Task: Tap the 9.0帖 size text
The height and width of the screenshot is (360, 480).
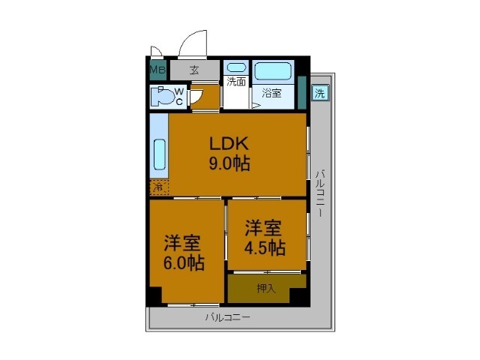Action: point(229,162)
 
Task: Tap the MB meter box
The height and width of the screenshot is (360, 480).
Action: point(157,70)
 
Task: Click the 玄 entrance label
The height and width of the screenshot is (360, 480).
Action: point(194,70)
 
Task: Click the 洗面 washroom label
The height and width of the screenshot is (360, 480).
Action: point(236,82)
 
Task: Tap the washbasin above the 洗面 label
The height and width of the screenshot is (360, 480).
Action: point(236,68)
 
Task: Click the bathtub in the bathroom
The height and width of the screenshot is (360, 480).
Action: point(273,71)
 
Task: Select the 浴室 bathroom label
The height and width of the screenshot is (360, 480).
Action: point(271,94)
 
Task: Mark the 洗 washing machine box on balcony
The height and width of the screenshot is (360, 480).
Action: point(320,94)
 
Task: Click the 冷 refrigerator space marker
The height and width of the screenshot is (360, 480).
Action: point(158,187)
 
